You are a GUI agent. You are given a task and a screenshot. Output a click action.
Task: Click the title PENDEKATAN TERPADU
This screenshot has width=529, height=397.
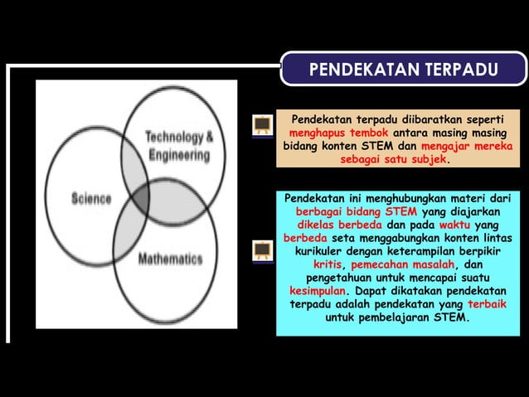(403, 70)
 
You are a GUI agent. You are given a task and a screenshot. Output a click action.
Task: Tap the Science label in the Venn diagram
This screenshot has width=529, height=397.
(91, 199)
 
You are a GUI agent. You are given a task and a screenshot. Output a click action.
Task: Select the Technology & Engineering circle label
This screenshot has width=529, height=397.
(179, 146)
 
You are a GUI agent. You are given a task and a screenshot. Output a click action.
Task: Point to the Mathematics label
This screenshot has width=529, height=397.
(170, 259)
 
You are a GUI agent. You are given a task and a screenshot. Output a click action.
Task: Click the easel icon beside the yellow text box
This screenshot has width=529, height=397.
(263, 125)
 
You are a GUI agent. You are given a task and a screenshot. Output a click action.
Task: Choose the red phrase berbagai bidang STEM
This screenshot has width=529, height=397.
(357, 211)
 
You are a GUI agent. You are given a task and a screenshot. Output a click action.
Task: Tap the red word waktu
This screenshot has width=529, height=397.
(455, 225)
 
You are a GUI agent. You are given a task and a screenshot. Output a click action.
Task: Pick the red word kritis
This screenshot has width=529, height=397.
(328, 264)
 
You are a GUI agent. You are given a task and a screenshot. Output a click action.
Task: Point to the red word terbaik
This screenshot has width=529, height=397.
(484, 304)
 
